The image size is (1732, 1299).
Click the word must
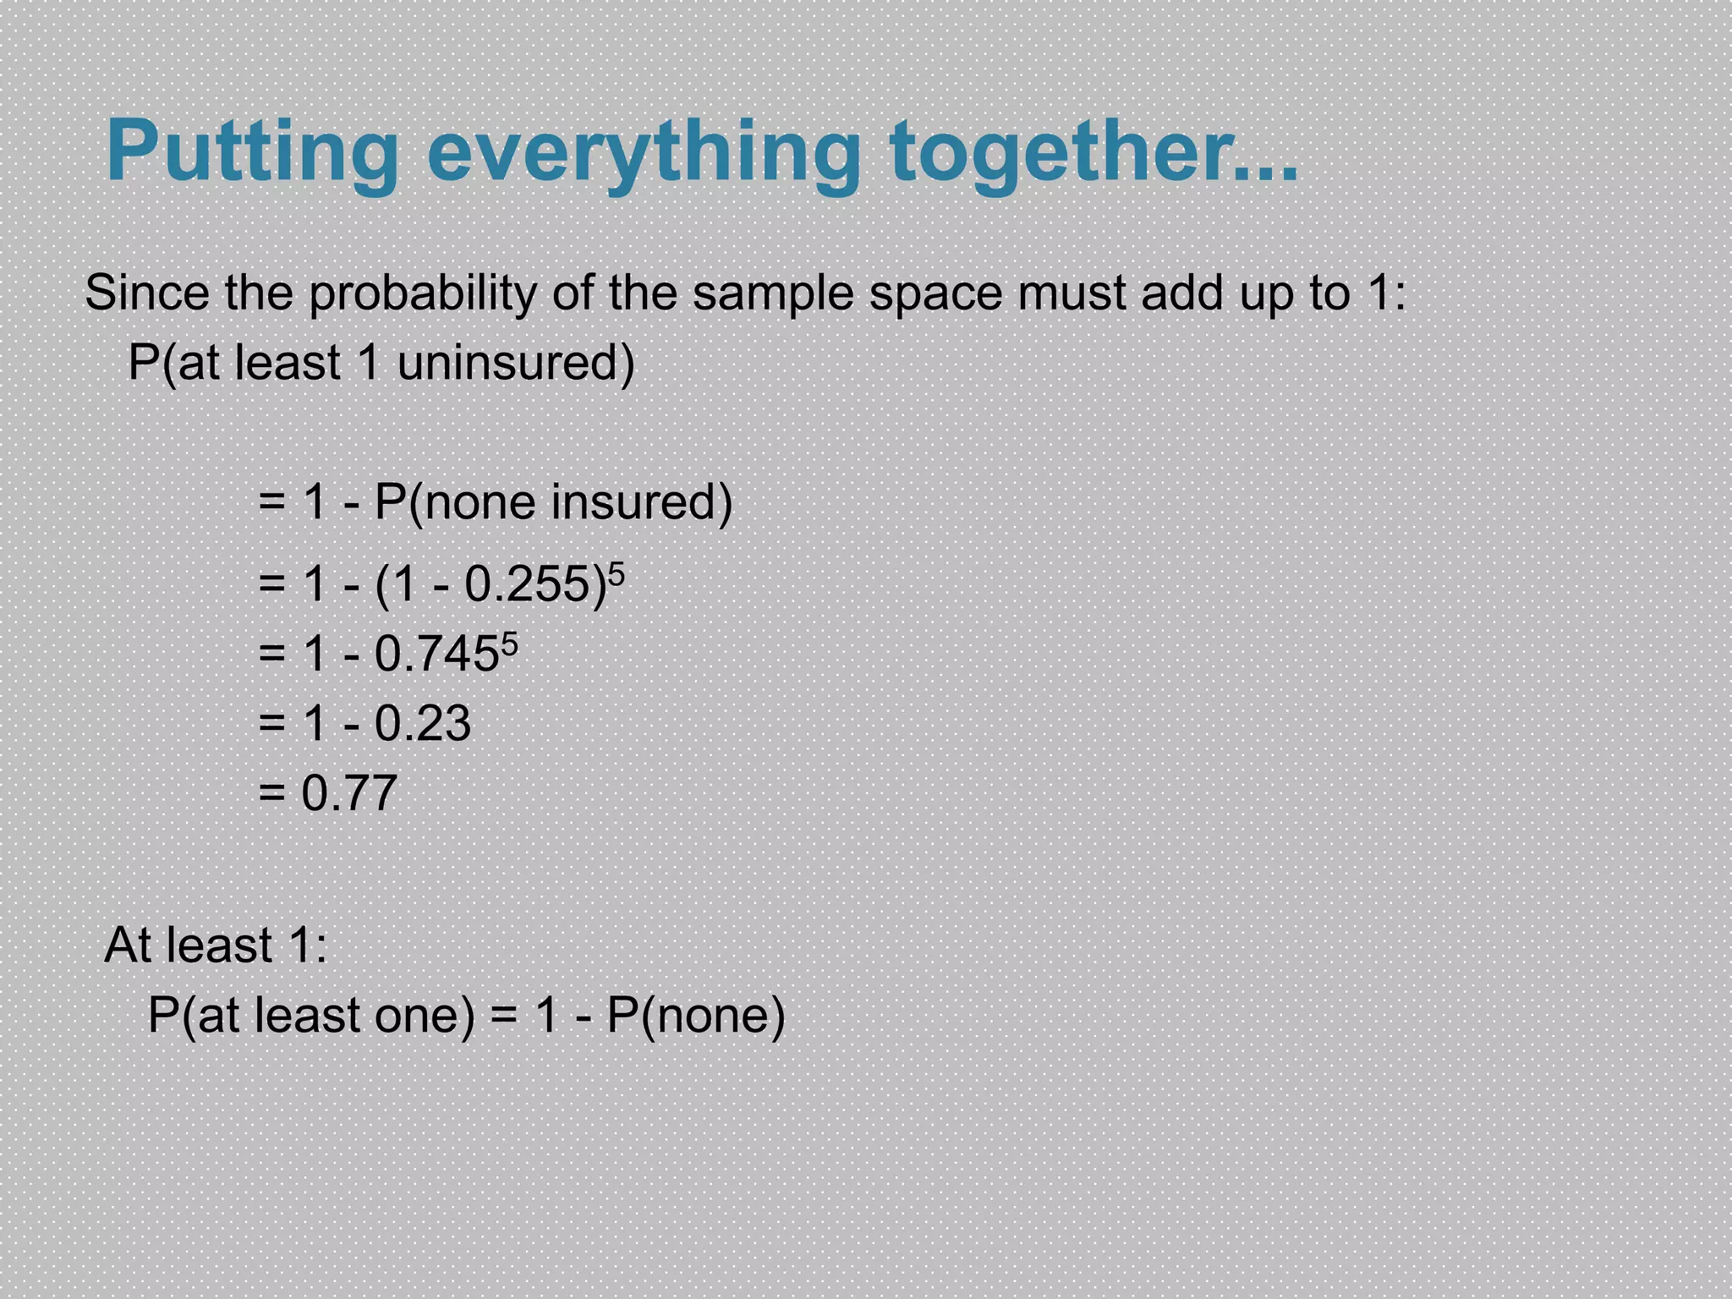pyautogui.click(x=1071, y=293)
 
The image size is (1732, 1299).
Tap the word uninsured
pyautogui.click(x=515, y=364)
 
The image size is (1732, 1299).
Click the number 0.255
pyautogui.click(x=529, y=584)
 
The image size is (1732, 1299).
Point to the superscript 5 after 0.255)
pyautogui.click(x=617, y=575)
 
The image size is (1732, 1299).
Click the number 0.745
pyautogui.click(x=436, y=655)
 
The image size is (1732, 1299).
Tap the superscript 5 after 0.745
pyautogui.click(x=509, y=645)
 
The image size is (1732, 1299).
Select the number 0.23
pyautogui.click(x=422, y=724)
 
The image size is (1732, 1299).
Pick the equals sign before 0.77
pyautogui.click(x=271, y=793)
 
